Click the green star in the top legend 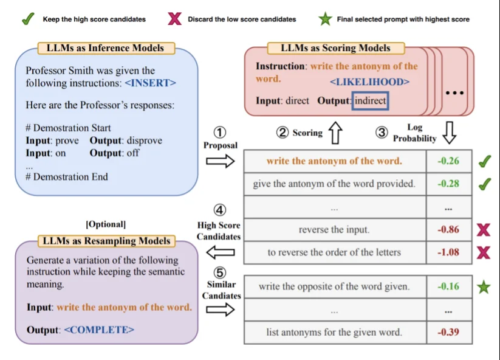[325, 19]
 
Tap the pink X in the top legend [174, 19]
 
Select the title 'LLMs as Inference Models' [105, 48]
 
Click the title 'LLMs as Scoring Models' [335, 48]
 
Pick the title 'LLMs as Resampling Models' [106, 241]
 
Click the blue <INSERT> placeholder [150, 83]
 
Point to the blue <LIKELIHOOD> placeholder [369, 81]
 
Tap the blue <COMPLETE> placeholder [99, 330]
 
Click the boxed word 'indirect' [370, 101]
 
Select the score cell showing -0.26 [448, 161]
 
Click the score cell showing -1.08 [448, 252]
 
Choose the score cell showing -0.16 [448, 286]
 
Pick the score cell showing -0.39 [448, 332]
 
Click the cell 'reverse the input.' [335, 230]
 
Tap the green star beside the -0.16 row [484, 286]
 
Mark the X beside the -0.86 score [484, 230]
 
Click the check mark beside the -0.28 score [485, 184]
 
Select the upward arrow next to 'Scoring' [335, 132]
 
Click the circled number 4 [220, 210]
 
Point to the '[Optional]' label [106, 224]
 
